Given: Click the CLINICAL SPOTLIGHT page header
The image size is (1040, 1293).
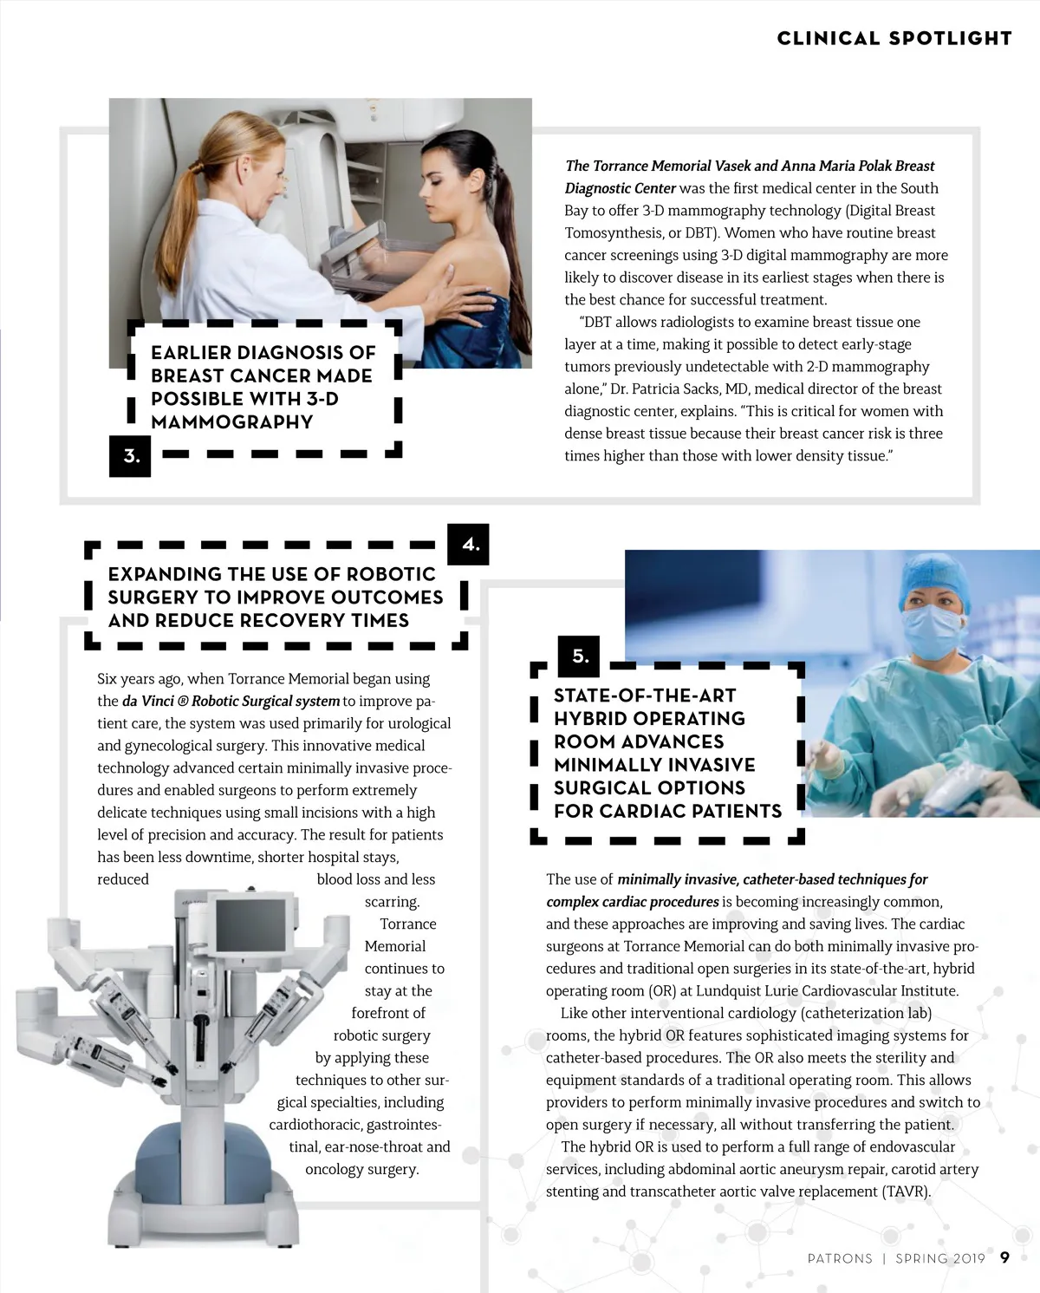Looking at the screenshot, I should tap(894, 38).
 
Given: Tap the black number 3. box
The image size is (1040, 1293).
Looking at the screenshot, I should tap(130, 456).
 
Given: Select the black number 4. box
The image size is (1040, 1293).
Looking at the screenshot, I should tap(470, 545).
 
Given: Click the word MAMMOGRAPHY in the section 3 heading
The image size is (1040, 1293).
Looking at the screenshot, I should tap(231, 422).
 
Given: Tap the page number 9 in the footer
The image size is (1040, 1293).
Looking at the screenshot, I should tap(1004, 1257).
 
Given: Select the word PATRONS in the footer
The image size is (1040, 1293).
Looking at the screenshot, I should tap(839, 1258).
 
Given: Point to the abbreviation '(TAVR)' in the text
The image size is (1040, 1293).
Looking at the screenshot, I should tap(906, 1192).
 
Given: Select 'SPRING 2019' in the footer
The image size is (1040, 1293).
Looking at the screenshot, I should tap(939, 1258).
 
